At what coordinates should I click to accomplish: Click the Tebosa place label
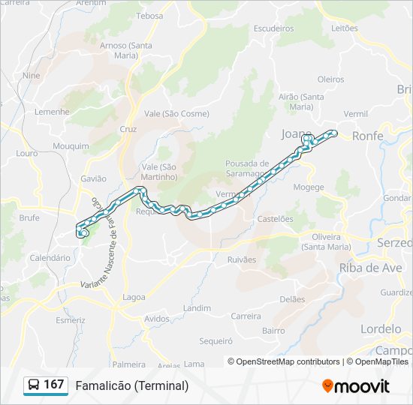click(150, 16)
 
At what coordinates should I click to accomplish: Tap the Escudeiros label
click(273, 28)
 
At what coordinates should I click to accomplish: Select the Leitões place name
click(345, 28)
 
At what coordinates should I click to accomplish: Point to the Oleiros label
click(330, 79)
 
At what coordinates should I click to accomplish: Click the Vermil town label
click(355, 114)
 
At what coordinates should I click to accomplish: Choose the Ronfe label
click(367, 136)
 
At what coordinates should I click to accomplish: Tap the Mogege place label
click(309, 187)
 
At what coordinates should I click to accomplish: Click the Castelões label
click(276, 219)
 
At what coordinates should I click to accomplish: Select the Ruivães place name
click(241, 259)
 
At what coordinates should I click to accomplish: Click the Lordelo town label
click(381, 329)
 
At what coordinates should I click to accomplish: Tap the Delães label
click(292, 298)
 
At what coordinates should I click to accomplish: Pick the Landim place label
click(197, 308)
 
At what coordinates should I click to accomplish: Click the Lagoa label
click(134, 297)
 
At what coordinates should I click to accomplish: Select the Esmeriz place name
click(71, 320)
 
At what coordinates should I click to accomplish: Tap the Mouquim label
click(71, 146)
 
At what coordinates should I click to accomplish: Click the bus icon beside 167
click(34, 385)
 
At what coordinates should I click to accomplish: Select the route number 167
click(54, 385)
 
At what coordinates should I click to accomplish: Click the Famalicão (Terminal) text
click(132, 385)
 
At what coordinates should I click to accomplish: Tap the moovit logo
click(356, 386)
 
